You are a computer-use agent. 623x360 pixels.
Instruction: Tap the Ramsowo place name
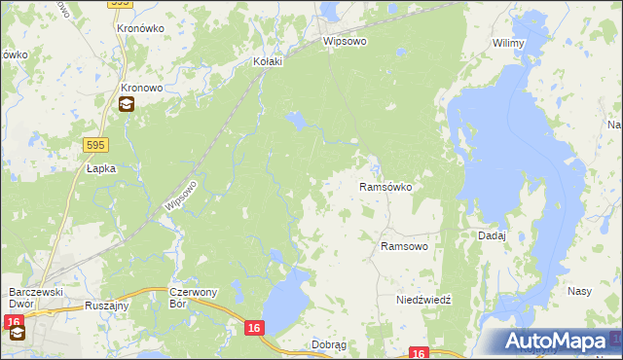[x=404, y=247]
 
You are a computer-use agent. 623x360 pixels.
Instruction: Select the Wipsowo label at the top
[x=345, y=43]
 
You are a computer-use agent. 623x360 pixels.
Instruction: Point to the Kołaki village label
[x=267, y=61]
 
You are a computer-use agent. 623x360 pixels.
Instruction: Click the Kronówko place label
[x=138, y=28]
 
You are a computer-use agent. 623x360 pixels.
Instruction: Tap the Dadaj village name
[x=492, y=235]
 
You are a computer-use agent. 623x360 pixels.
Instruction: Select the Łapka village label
[x=100, y=168]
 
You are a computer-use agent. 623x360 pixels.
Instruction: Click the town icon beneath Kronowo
[x=128, y=105]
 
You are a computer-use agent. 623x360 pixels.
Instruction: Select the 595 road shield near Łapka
[x=94, y=145]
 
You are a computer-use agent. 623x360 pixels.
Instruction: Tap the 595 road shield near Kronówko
[x=120, y=4]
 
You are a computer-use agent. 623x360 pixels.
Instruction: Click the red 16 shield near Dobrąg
[x=254, y=330]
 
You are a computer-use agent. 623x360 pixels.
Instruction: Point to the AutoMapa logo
[x=559, y=341]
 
